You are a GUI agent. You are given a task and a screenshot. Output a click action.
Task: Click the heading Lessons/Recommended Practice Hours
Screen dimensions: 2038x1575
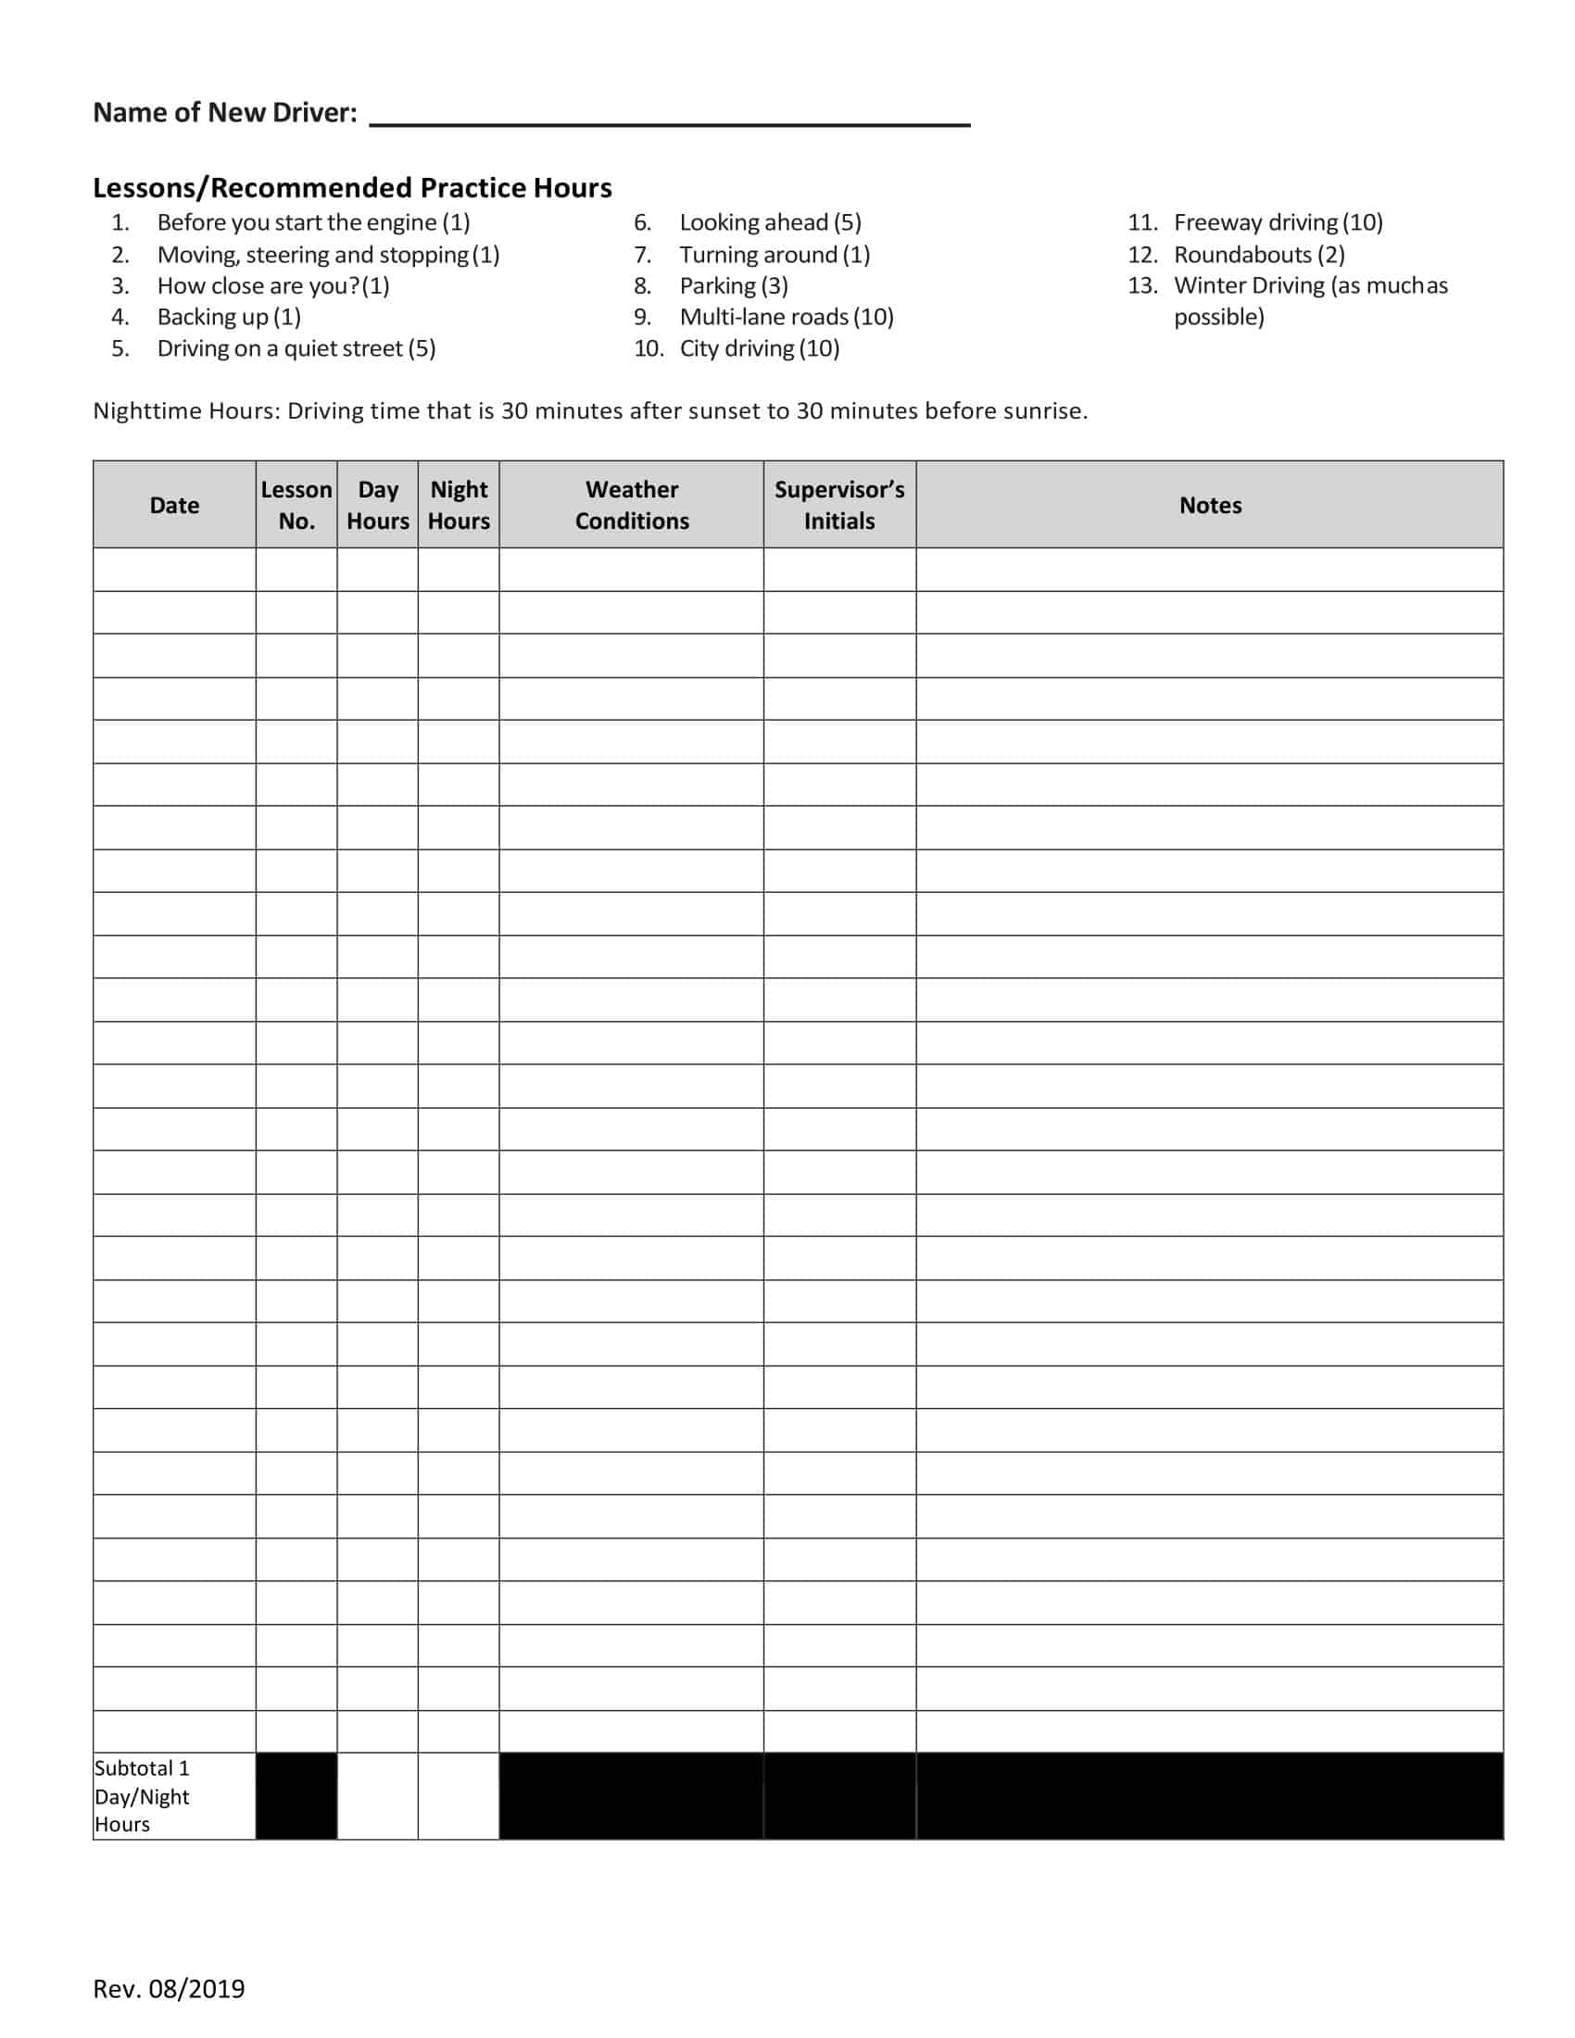tap(352, 187)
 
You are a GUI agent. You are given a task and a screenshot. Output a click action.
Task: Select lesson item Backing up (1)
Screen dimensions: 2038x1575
tap(229, 317)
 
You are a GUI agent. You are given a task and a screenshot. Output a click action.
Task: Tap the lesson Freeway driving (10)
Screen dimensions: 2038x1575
tap(1278, 222)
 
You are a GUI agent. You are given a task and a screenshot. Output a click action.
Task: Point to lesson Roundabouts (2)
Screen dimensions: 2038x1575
tap(1259, 255)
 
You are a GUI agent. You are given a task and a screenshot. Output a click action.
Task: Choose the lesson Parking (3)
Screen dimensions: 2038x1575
tap(734, 285)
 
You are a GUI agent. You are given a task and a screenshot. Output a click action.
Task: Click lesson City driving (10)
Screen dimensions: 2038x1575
tap(759, 348)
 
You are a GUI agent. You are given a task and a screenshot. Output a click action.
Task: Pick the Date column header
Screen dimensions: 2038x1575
tap(174, 505)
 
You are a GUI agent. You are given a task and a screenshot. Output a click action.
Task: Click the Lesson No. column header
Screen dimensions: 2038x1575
tap(296, 505)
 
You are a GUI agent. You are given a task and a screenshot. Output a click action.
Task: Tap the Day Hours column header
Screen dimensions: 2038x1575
tap(378, 505)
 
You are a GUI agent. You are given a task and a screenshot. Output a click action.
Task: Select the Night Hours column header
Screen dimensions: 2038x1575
tap(459, 505)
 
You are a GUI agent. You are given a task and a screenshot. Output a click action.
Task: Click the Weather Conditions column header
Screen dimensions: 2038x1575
tap(632, 505)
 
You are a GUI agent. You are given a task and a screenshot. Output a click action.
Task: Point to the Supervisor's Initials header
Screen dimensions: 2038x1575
tap(838, 505)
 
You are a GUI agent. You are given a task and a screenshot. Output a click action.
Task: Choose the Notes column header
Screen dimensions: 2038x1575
tap(1210, 505)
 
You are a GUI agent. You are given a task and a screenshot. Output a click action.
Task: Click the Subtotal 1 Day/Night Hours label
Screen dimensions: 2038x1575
tap(142, 1795)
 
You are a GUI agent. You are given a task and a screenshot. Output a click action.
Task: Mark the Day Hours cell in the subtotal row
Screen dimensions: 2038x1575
tap(378, 1795)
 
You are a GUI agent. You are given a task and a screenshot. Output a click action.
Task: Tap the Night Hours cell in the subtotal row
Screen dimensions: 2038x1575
tap(459, 1795)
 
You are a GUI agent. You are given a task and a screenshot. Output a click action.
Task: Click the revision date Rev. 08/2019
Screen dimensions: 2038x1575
tap(169, 1989)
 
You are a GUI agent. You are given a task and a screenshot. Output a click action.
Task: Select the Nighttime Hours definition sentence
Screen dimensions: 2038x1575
tap(589, 410)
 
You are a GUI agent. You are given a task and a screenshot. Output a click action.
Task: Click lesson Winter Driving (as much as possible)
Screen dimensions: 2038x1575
tap(1310, 300)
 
